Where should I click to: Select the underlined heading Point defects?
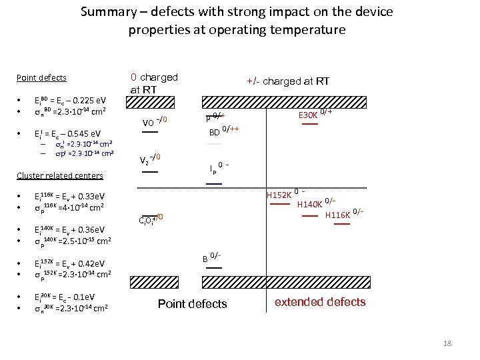(x=41, y=77)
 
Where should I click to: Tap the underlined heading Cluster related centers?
(x=60, y=175)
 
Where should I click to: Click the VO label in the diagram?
(x=149, y=123)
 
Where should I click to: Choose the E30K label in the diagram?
(x=308, y=115)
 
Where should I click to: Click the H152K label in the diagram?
(x=279, y=196)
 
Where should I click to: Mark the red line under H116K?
(x=341, y=225)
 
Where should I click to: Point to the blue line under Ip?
(x=214, y=183)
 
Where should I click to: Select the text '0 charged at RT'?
(x=154, y=83)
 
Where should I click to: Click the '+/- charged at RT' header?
(x=288, y=81)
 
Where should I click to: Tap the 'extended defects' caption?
(x=320, y=302)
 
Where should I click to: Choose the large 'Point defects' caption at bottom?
(x=192, y=304)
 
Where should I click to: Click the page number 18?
(x=447, y=343)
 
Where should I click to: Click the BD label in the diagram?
(x=215, y=132)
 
